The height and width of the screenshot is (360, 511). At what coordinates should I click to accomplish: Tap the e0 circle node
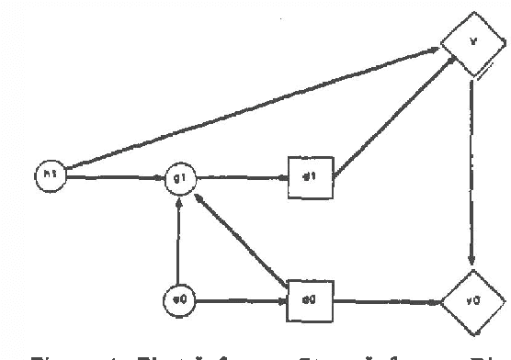point(178,299)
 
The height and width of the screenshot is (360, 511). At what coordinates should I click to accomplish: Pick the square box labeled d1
point(310,176)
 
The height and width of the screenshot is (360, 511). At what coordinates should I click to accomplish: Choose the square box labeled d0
point(310,299)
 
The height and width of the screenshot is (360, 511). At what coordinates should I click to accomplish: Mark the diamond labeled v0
point(472,299)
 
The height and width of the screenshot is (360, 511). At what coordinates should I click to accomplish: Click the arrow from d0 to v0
point(386,300)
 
